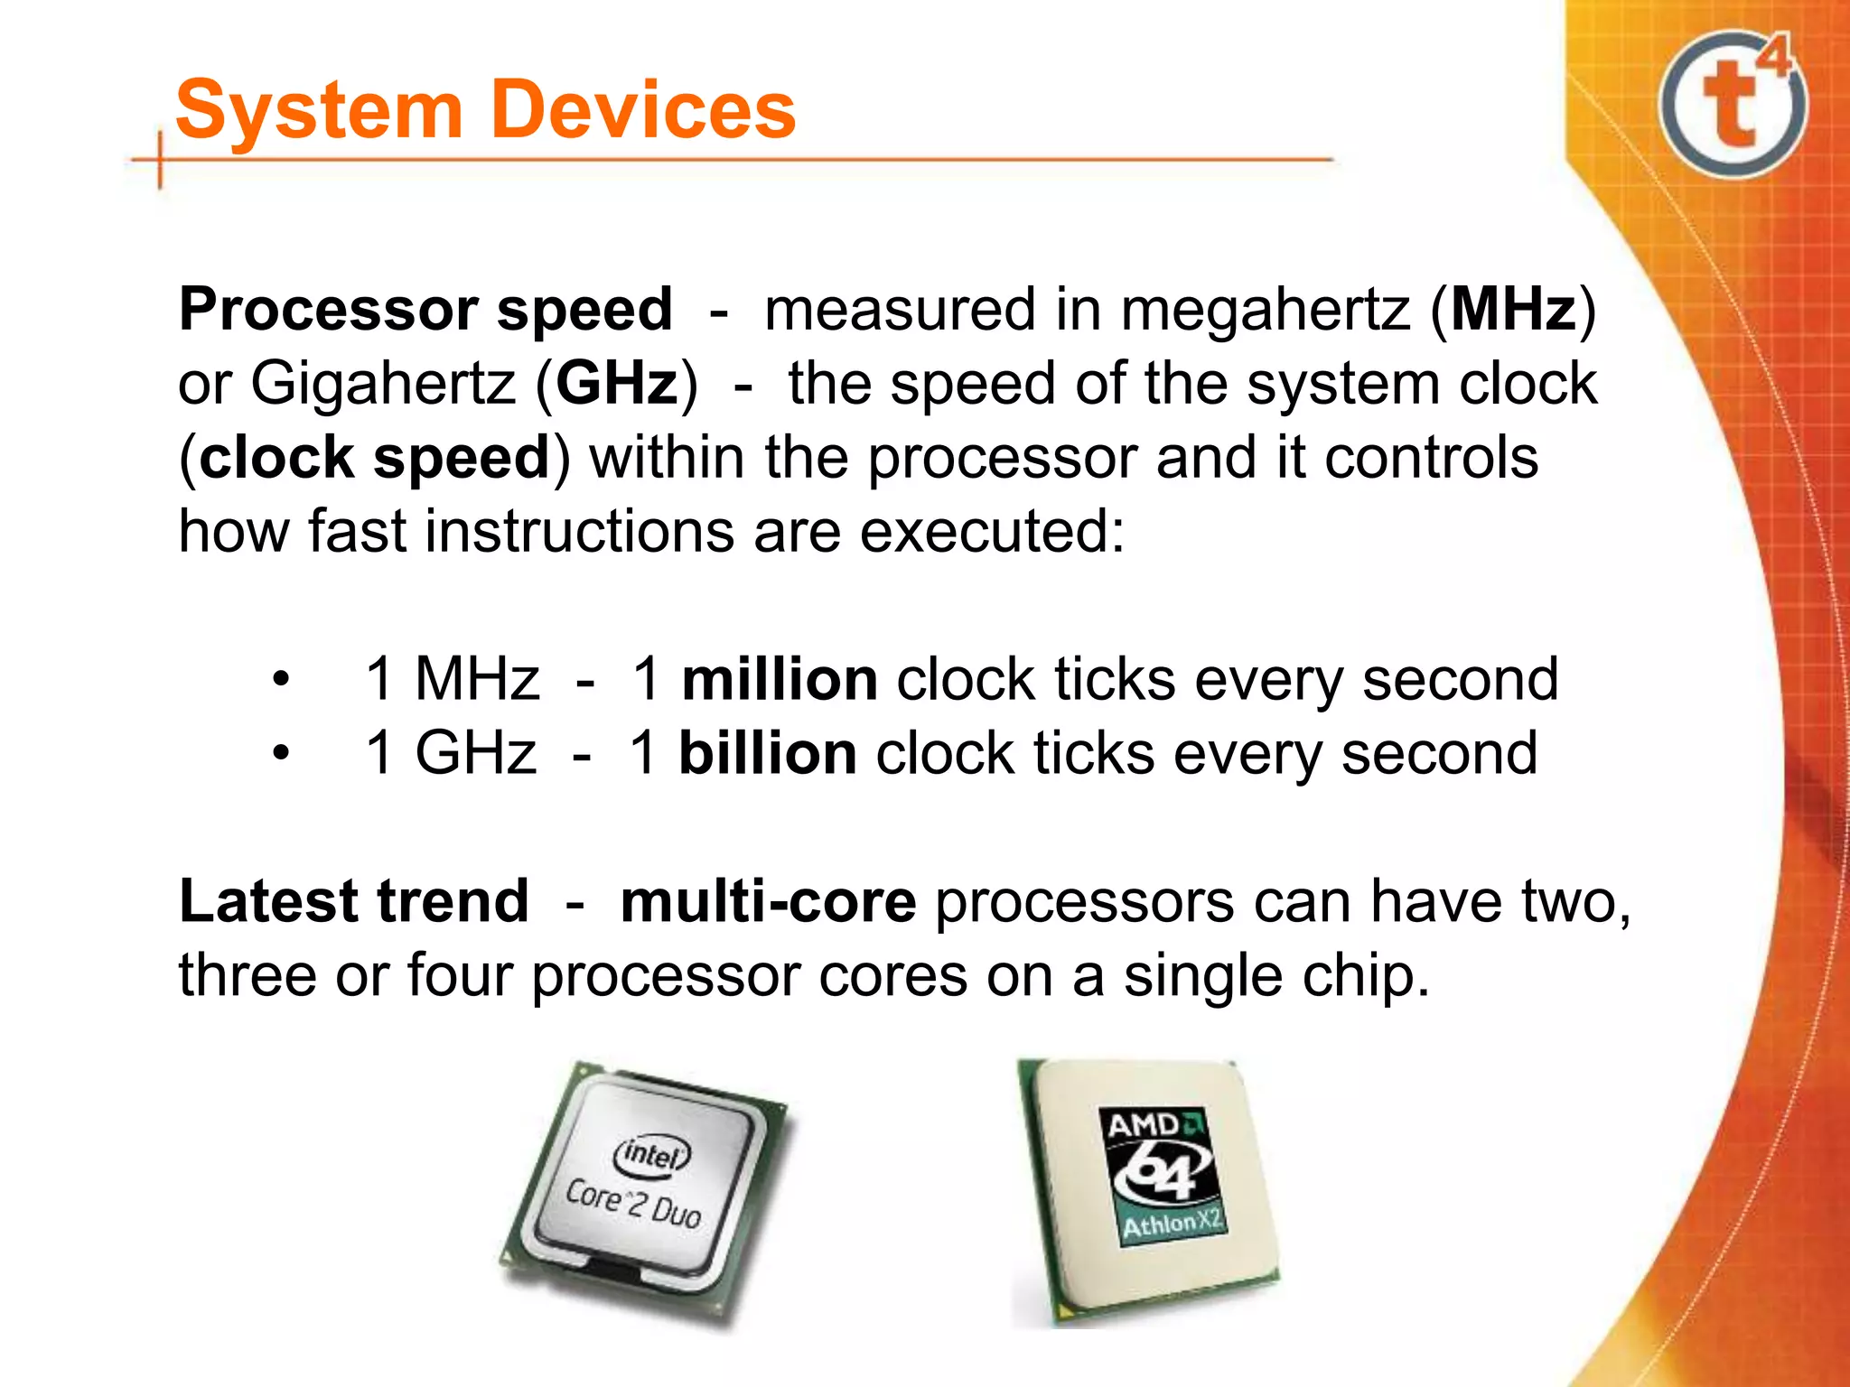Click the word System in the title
click(319, 110)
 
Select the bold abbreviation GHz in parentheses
click(617, 384)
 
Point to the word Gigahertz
click(382, 384)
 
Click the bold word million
click(779, 679)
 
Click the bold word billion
click(767, 753)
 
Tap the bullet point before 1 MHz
click(282, 679)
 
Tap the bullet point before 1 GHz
click(282, 753)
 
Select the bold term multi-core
click(768, 901)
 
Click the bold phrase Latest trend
click(353, 901)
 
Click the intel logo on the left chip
click(651, 1153)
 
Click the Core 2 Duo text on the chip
click(633, 1205)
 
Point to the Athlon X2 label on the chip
click(1172, 1224)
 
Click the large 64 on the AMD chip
click(1163, 1172)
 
